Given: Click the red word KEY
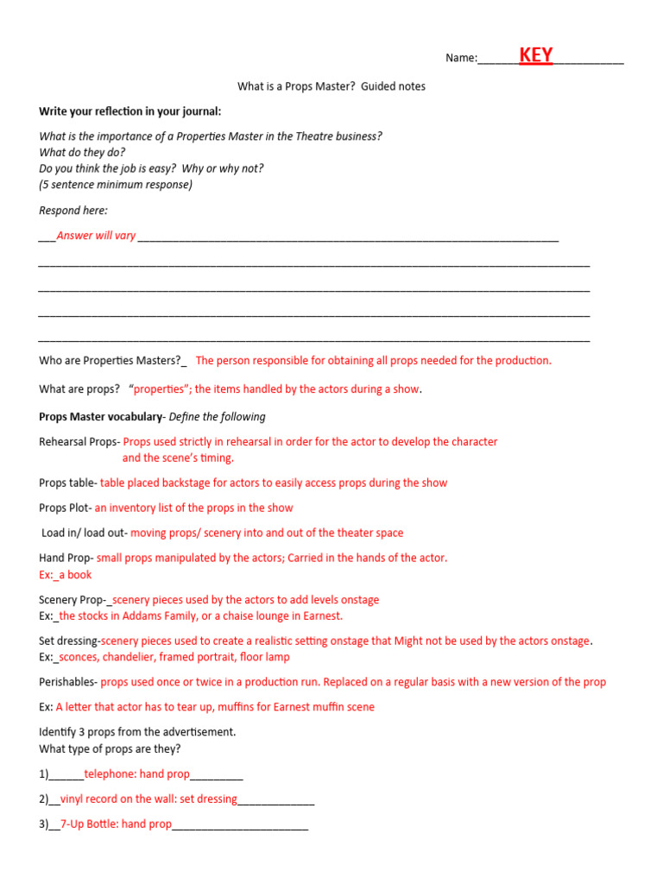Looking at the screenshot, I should [x=535, y=56].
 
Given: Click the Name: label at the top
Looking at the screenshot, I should [x=461, y=58].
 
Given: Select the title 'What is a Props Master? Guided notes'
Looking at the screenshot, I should [x=331, y=86].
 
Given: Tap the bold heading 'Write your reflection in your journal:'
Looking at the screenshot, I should [x=129, y=111].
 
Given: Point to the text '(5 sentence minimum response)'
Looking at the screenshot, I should [x=116, y=185].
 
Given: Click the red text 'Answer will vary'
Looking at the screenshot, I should [x=96, y=236].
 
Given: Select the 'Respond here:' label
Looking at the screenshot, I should [x=73, y=211].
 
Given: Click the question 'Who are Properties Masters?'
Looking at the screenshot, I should [x=110, y=361].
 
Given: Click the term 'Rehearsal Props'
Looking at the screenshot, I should [x=78, y=442].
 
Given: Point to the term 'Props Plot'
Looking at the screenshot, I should [x=65, y=508].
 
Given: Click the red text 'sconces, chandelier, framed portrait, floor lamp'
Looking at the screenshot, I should [x=174, y=657].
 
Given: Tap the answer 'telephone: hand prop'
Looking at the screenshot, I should [x=136, y=774].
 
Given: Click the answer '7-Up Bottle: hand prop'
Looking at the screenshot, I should [x=116, y=824].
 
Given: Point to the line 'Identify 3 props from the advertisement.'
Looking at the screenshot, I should [x=137, y=732].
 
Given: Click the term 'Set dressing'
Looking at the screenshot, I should [x=69, y=641].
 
